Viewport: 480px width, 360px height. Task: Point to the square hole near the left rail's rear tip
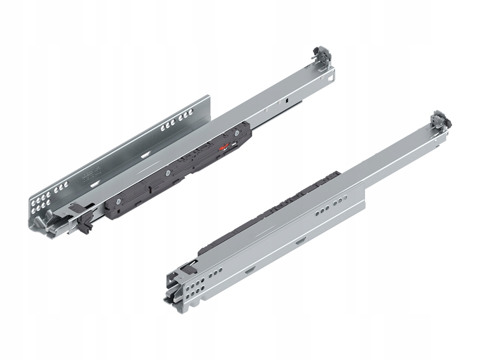[x=331, y=77]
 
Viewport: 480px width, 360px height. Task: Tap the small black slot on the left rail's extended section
[x=288, y=100]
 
